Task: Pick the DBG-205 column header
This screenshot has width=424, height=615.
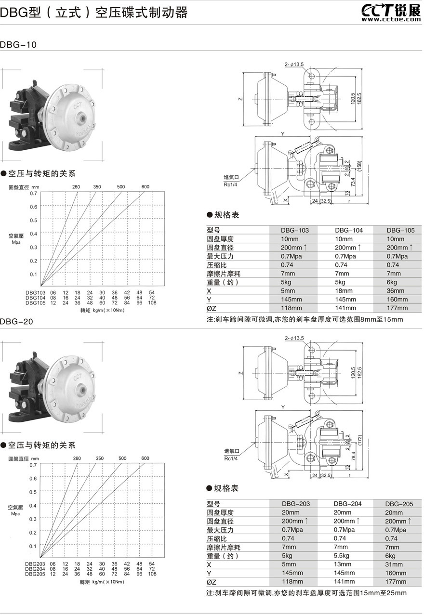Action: tap(399, 504)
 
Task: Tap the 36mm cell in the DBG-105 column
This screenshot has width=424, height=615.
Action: tap(396, 291)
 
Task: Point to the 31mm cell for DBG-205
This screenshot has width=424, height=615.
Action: tap(396, 565)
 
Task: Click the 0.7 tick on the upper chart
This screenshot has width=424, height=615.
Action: tap(33, 193)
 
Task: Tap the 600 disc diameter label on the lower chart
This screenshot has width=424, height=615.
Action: tap(145, 458)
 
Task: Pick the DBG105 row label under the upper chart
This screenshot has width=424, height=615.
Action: tap(35, 303)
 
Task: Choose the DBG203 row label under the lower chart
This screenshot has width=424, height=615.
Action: tap(35, 564)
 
